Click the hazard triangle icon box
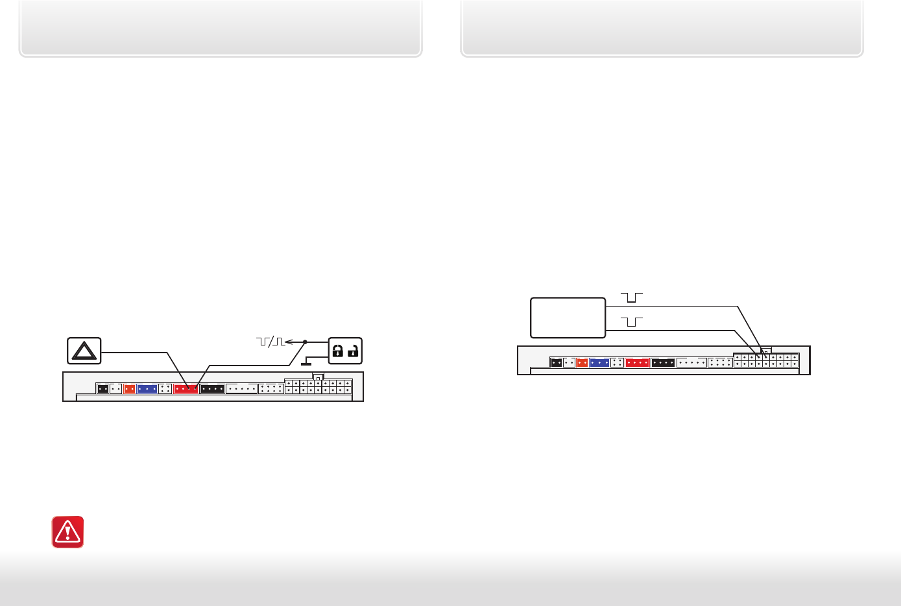click(84, 351)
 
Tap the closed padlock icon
click(337, 351)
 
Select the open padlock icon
click(354, 351)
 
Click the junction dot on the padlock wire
click(305, 342)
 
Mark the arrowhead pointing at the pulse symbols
click(289, 342)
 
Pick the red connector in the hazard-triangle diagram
click(186, 389)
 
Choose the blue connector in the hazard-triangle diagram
click(147, 389)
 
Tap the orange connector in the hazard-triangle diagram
click(129, 389)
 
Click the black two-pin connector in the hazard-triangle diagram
click(102, 389)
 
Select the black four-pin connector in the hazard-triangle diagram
click(213, 389)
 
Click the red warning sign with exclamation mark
click(67, 532)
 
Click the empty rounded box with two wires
click(568, 318)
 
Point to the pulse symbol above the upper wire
click(631, 297)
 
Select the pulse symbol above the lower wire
click(631, 321)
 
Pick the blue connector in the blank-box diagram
click(599, 363)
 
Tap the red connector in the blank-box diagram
click(638, 363)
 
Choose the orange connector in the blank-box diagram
click(582, 363)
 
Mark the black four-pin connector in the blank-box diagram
click(663, 363)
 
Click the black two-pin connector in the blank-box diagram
click(556, 363)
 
